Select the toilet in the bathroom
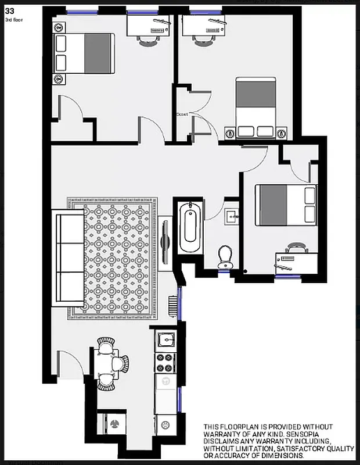pos(225,256)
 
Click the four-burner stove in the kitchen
pos(165,363)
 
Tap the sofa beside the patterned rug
pos(69,259)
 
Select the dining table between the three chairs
pos(105,364)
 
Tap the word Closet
pos(182,115)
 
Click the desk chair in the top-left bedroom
pos(145,39)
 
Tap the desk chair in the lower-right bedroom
pos(294,248)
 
